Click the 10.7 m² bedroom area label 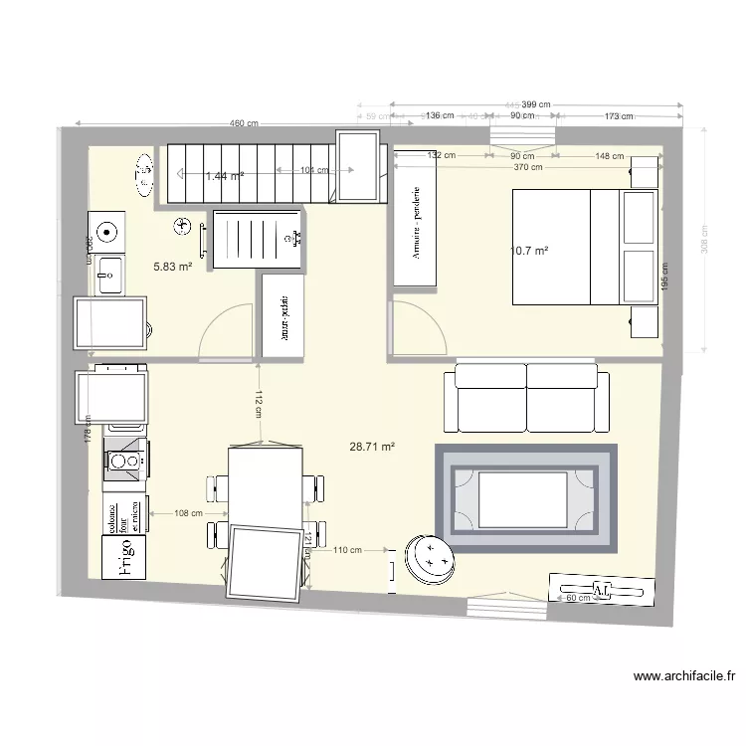click(x=529, y=252)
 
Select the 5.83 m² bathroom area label click(x=172, y=267)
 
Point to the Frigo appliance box click(x=125, y=557)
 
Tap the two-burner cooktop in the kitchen click(x=125, y=461)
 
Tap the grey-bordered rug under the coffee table click(x=527, y=496)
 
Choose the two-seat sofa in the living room click(x=526, y=397)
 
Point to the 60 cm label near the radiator click(x=577, y=598)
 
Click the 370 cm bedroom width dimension click(x=528, y=167)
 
